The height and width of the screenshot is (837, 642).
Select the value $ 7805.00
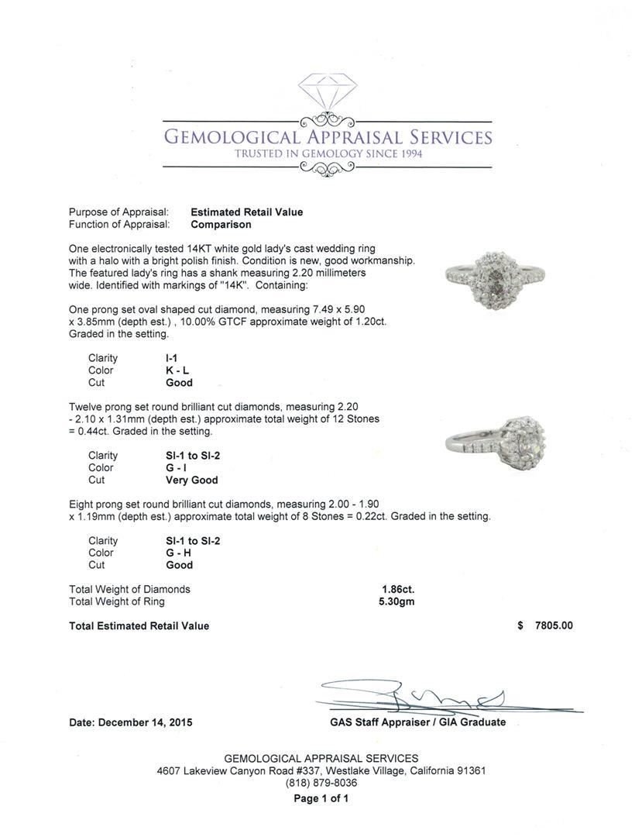(x=545, y=626)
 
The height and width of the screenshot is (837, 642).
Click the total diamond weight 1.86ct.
(x=393, y=590)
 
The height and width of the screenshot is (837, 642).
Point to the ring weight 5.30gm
(x=393, y=601)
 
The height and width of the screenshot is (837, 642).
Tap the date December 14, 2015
(x=131, y=722)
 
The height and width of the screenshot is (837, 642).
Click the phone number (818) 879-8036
(x=321, y=784)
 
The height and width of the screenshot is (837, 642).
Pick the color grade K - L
(x=177, y=370)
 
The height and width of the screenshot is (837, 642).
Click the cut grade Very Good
(x=192, y=480)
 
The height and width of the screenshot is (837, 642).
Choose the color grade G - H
(x=178, y=553)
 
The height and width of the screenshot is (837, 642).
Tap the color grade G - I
(x=177, y=468)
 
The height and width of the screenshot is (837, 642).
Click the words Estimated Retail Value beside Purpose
(x=247, y=212)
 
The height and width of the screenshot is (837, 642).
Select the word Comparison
(x=221, y=225)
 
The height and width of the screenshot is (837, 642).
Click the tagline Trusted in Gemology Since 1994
(x=328, y=154)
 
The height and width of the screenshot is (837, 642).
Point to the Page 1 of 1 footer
(x=321, y=799)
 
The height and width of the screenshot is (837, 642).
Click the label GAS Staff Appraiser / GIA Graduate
(x=417, y=722)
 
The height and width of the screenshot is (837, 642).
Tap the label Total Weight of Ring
(x=117, y=601)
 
